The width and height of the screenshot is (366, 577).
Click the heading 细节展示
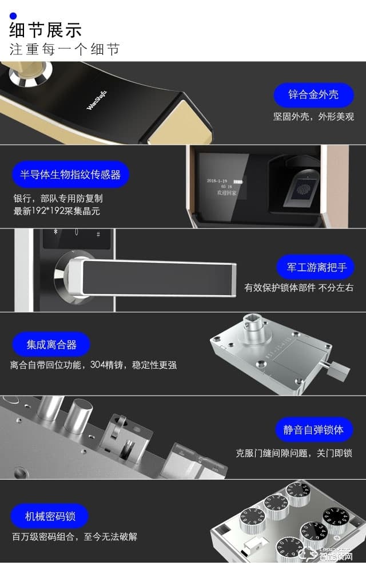(46, 29)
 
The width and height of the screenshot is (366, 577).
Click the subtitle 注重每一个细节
(65, 49)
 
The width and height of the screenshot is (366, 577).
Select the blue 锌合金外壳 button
(313, 94)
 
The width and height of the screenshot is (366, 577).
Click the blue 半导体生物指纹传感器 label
(70, 175)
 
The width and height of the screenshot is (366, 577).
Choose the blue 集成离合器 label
(51, 345)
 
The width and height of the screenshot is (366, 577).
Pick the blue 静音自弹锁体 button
(313, 429)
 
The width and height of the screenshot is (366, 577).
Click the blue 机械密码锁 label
(50, 516)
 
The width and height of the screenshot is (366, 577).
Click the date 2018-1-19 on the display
(218, 180)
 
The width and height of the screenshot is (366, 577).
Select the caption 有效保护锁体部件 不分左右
(299, 287)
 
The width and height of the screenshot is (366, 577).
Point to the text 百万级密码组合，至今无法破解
(74, 537)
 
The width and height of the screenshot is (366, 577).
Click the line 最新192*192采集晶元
(57, 210)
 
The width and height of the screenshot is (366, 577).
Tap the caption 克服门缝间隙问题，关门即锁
(294, 453)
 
